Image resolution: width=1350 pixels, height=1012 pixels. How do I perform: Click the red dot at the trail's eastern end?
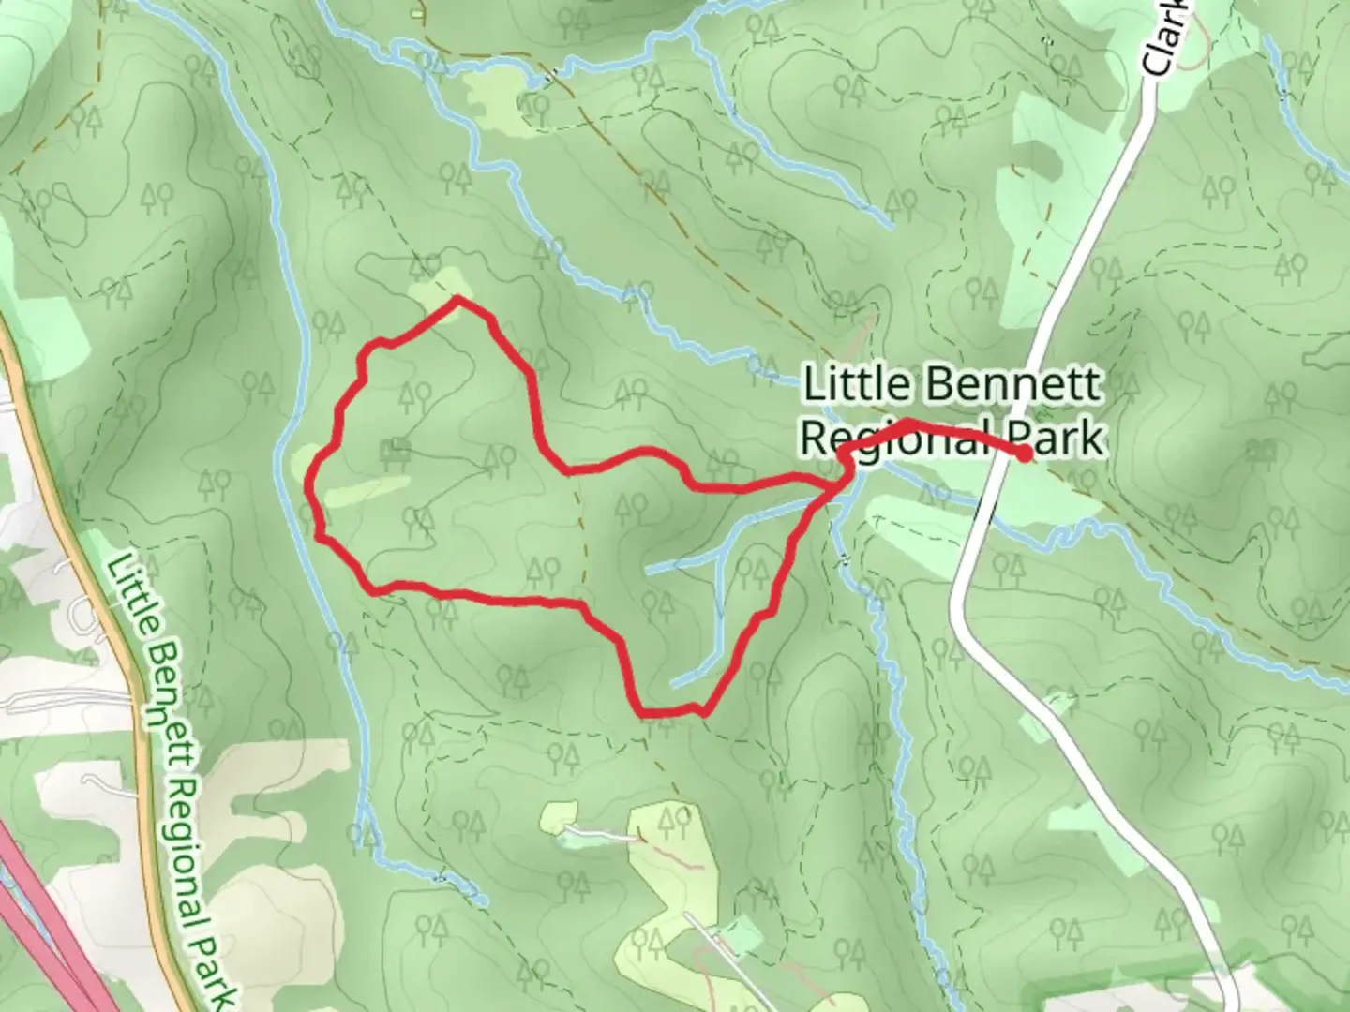tap(1025, 454)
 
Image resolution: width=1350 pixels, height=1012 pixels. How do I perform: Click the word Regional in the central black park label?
tap(897, 439)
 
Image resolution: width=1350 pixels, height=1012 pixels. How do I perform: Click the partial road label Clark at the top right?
tap(1166, 37)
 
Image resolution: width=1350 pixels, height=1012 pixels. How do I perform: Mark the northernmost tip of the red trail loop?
tap(457, 299)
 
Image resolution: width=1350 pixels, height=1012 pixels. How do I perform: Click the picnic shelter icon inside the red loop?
tap(395, 453)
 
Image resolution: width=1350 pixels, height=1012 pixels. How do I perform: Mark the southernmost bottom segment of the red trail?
tap(670, 713)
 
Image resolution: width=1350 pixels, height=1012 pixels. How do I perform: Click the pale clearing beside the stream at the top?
tap(497, 99)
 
